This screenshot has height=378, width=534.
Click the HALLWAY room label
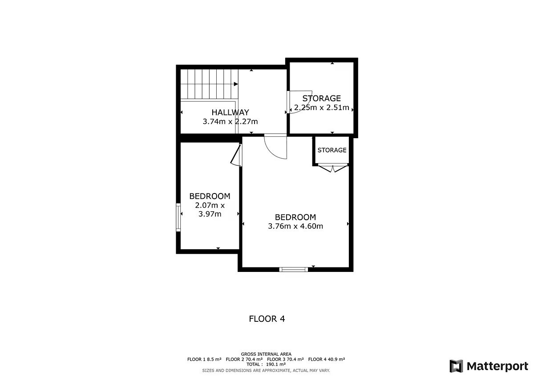pos(230,112)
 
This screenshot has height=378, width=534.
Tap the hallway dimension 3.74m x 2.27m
pos(230,122)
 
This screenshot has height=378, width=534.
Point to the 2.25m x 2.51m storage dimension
pos(321,108)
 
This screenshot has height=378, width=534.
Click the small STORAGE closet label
pos(332,150)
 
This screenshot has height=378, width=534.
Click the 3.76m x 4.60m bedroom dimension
pos(295,226)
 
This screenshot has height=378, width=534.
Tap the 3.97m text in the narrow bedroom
pos(210,214)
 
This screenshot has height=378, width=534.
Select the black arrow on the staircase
pos(236,84)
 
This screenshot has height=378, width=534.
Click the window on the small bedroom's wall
pos(178,217)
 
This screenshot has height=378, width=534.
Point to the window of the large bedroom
pos(293,270)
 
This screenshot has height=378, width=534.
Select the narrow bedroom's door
pos(236,155)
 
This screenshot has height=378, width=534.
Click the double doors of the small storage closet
pos(333,168)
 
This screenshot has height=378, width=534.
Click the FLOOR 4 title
pos(267,319)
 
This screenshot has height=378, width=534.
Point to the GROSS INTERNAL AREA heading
pos(266,354)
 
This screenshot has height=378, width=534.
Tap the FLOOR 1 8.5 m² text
pos(204,359)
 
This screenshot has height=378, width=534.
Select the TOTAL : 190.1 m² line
pos(266,364)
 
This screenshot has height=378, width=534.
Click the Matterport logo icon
pos(456,366)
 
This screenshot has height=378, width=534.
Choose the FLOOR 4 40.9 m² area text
pos(327,359)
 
